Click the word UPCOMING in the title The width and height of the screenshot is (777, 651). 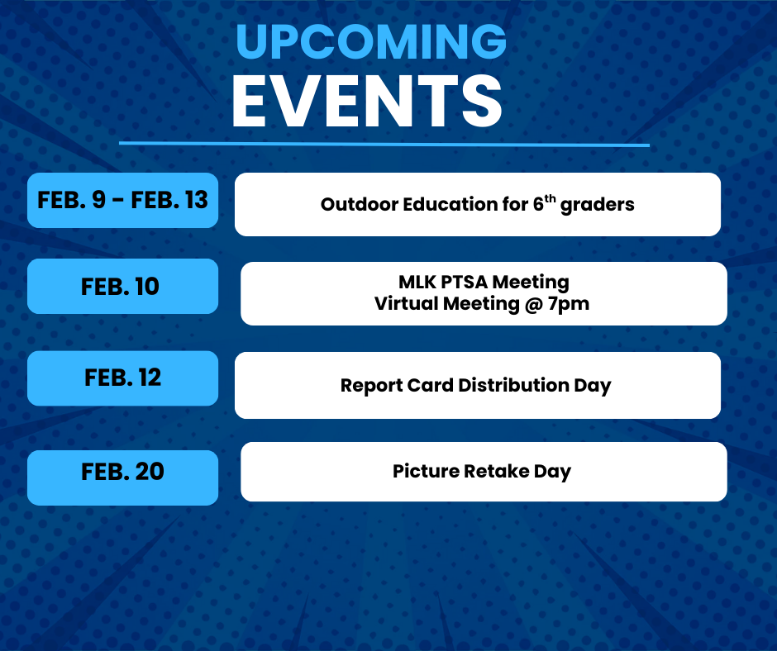pyautogui.click(x=371, y=41)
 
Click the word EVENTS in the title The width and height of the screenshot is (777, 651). pyautogui.click(x=367, y=102)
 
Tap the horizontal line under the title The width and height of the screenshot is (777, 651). pyautogui.click(x=384, y=145)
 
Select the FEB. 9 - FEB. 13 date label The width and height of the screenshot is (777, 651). pyautogui.click(x=122, y=200)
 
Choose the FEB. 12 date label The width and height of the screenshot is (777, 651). pyautogui.click(x=122, y=378)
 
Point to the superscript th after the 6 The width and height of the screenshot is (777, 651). pyautogui.click(x=550, y=198)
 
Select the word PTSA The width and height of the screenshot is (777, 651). pyautogui.click(x=464, y=282)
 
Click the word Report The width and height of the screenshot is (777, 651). pyautogui.click(x=371, y=386)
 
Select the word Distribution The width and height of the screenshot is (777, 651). pyautogui.click(x=513, y=385)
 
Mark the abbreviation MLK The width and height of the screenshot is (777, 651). pyautogui.click(x=417, y=282)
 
